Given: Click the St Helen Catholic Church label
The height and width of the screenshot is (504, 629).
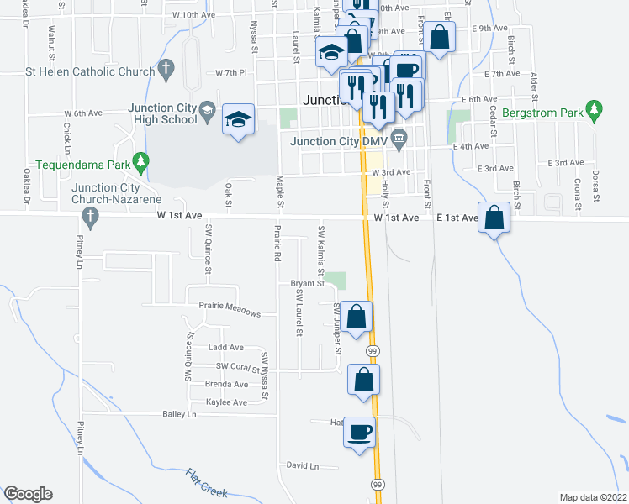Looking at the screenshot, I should pyautogui.click(x=91, y=72).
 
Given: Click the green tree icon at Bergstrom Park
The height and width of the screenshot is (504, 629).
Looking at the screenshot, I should pyautogui.click(x=595, y=108).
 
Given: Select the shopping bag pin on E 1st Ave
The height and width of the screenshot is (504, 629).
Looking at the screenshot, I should pyautogui.click(x=495, y=218).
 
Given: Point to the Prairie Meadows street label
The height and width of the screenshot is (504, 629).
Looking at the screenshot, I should pyautogui.click(x=230, y=308).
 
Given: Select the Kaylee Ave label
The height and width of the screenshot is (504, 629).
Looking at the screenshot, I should pyautogui.click(x=226, y=402).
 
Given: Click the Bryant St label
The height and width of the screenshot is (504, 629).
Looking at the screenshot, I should pyautogui.click(x=308, y=284).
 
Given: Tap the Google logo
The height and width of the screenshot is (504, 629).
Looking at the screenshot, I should pyautogui.click(x=28, y=494).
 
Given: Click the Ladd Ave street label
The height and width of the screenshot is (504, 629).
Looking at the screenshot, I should pyautogui.click(x=225, y=347).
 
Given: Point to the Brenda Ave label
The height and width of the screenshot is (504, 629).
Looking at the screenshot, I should pyautogui.click(x=226, y=384).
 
